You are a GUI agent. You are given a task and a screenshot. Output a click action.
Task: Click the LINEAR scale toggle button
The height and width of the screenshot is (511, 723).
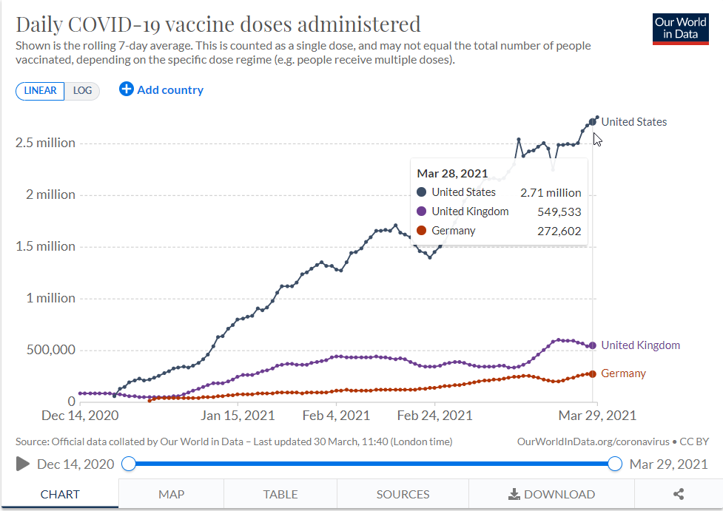click(x=40, y=90)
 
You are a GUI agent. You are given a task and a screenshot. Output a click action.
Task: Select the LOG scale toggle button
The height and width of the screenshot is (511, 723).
click(x=83, y=90)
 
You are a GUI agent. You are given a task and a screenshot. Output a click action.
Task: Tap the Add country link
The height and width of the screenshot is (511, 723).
click(x=161, y=89)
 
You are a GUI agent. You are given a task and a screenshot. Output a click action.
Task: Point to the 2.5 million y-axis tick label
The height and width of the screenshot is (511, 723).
click(x=45, y=143)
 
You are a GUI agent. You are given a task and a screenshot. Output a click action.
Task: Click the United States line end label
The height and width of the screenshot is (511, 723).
click(x=633, y=122)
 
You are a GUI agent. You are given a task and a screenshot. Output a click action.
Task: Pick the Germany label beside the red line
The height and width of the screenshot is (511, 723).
click(x=623, y=373)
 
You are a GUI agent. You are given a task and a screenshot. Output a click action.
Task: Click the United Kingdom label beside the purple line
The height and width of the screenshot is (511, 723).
click(x=640, y=345)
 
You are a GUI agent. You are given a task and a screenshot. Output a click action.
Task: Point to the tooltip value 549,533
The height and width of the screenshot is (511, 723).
click(x=559, y=211)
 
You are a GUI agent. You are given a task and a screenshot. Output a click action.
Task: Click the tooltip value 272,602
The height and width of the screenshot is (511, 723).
click(x=559, y=231)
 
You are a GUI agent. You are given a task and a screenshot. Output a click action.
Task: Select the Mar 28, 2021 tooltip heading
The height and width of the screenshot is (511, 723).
click(x=452, y=174)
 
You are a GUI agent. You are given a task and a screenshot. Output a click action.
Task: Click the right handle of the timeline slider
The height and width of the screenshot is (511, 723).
click(x=614, y=464)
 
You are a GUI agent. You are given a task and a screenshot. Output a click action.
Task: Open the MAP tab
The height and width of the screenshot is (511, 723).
click(x=171, y=494)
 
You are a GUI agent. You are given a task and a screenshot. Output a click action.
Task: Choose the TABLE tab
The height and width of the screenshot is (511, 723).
click(x=280, y=494)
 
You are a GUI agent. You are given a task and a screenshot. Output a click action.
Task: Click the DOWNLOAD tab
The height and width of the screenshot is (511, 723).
click(x=552, y=494)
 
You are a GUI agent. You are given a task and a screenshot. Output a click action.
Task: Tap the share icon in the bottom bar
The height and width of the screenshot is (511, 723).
click(x=679, y=494)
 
